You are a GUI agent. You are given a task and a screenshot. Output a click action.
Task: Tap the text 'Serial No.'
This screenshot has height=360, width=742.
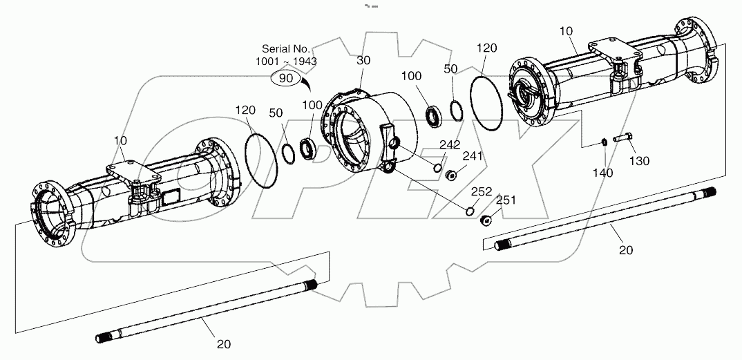pos(285,49)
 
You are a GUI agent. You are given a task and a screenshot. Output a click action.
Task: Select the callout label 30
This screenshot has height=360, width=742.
pos(363,61)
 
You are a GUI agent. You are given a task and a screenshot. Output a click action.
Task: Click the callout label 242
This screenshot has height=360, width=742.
pos(450,144)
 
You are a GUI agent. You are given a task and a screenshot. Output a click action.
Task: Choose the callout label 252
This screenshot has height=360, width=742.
pos(482,191)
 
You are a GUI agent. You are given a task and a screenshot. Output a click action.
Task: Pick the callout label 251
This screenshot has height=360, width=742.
pos(506,200)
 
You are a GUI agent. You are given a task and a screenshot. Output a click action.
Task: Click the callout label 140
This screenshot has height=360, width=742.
pos(603,173)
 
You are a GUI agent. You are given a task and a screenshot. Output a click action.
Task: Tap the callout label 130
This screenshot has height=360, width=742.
pos(640,161)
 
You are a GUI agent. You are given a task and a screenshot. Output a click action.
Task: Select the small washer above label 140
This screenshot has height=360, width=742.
pos(603,142)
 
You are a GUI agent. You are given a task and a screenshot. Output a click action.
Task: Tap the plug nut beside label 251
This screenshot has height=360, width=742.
pos(486,220)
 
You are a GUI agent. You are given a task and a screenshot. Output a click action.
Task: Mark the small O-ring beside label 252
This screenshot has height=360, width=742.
pos(470,211)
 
